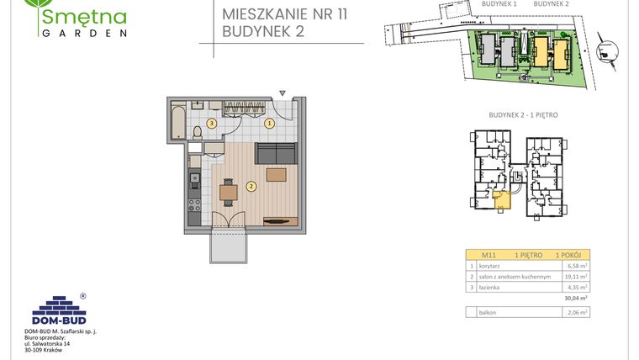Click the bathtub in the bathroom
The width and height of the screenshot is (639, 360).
[178, 123]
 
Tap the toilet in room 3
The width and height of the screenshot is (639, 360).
[198, 134]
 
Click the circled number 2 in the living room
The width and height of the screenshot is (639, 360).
[251, 186]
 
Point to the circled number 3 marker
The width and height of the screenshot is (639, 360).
[212, 124]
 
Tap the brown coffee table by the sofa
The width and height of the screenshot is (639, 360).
[276, 175]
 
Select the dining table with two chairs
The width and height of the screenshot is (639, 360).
[229, 192]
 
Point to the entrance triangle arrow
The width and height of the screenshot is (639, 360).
[285, 93]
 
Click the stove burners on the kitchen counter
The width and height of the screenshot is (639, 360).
[193, 204]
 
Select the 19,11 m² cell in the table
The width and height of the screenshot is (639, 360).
[576, 276]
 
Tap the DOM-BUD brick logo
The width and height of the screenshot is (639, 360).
[55, 308]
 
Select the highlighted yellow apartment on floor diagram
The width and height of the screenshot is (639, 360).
[501, 199]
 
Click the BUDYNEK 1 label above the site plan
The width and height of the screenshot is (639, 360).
[499, 4]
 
